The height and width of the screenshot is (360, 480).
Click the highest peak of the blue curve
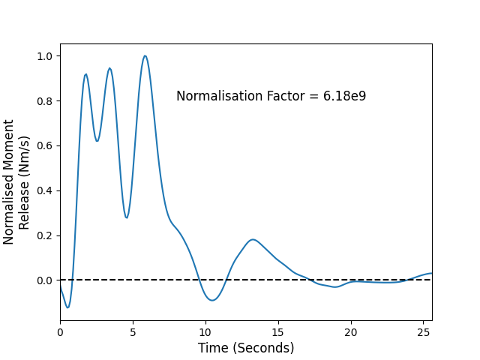coord(145,55)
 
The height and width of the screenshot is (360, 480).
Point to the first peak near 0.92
coord(86,74)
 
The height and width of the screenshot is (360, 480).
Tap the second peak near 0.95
coord(109,68)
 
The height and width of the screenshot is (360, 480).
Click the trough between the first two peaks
coord(97,141)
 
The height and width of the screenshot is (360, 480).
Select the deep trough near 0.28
coord(127,217)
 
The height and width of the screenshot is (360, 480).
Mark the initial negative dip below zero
coord(67,307)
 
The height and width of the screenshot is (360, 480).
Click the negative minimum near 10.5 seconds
coord(212,300)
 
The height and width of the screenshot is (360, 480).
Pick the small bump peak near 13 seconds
coord(253,239)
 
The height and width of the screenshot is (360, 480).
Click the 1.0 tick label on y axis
coord(45,56)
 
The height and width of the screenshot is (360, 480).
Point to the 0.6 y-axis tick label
coord(45,146)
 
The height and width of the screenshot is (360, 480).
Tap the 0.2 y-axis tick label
coord(45,235)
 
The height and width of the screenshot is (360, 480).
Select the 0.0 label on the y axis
coord(45,280)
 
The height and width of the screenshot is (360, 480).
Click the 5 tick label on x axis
coord(133,332)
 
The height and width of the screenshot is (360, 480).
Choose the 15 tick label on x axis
coord(278,332)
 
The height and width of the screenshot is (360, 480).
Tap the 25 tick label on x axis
coord(423,332)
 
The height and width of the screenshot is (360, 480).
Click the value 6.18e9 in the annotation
coord(345,96)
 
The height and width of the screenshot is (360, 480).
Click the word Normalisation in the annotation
coord(220,96)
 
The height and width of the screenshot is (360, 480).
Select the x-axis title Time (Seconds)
coord(246,348)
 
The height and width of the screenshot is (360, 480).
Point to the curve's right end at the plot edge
coord(432,273)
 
